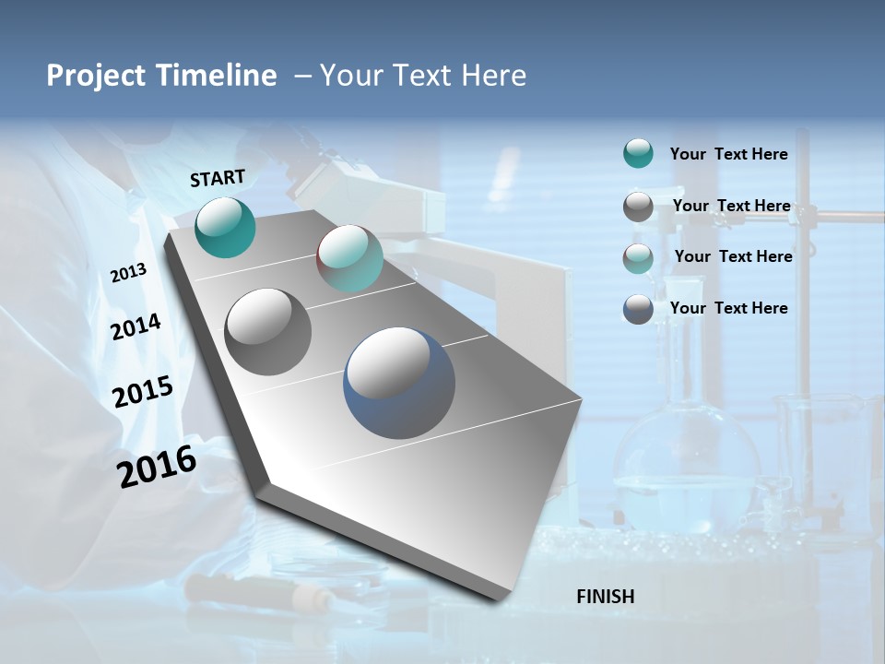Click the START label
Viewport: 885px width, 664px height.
point(218,178)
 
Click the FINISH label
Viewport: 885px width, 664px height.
point(606,597)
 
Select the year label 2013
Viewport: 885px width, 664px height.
point(128,273)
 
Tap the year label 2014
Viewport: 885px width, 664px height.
point(136,326)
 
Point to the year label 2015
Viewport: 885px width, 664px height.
point(143,392)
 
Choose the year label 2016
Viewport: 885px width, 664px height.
point(157,466)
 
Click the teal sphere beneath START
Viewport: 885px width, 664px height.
point(225,228)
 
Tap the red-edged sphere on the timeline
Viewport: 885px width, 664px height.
point(349,258)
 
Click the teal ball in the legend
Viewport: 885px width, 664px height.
point(638,154)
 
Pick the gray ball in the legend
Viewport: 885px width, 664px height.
point(638,207)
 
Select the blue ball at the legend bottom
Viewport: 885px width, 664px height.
point(638,309)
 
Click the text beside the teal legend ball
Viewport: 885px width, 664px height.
point(728,154)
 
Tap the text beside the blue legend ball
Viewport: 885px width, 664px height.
point(728,308)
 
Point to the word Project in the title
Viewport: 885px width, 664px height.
point(94,76)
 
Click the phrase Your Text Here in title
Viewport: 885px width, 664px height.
point(423,76)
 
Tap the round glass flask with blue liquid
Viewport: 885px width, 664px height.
point(686,470)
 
